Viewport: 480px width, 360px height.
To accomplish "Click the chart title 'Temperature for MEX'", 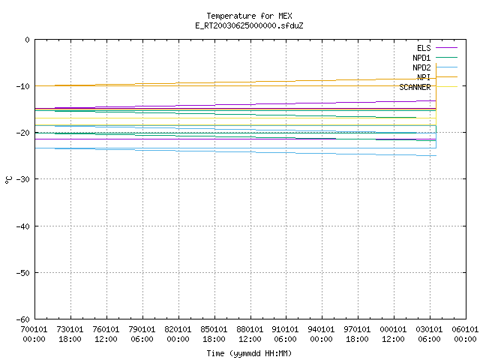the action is pyautogui.click(x=249, y=16).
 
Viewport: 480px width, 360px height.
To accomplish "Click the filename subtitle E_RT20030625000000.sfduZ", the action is pyautogui.click(x=249, y=25).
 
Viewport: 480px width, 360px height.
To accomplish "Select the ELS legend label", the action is pyautogui.click(x=424, y=48).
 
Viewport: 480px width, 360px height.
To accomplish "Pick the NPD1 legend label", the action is pyautogui.click(x=421, y=58).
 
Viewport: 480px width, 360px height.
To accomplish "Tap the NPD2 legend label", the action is pyautogui.click(x=421, y=67).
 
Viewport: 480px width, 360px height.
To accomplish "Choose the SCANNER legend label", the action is pyautogui.click(x=415, y=87).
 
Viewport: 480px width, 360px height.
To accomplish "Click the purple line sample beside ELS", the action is pyautogui.click(x=447, y=48).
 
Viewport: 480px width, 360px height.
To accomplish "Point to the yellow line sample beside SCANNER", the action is pyautogui.click(x=447, y=87).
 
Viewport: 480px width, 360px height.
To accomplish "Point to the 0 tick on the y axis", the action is pyautogui.click(x=28, y=40).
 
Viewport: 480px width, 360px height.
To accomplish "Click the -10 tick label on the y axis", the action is pyautogui.click(x=23, y=86).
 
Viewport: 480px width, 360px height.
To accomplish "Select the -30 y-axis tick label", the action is pyautogui.click(x=23, y=179).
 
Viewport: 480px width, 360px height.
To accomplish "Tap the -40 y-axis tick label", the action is pyautogui.click(x=23, y=226).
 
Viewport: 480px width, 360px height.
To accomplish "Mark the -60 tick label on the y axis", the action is pyautogui.click(x=23, y=319).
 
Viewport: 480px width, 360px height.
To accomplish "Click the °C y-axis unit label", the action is pyautogui.click(x=8, y=180).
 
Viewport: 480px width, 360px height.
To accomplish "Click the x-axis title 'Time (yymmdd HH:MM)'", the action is pyautogui.click(x=249, y=353).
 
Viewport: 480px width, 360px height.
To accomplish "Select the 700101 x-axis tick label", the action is pyautogui.click(x=34, y=329).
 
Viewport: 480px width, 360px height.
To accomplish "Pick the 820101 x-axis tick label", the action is pyautogui.click(x=178, y=329).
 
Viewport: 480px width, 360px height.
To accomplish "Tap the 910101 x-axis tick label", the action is pyautogui.click(x=285, y=329).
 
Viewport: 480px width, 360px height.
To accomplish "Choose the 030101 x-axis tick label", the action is pyautogui.click(x=429, y=329).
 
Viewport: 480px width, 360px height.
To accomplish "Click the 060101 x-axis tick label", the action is pyautogui.click(x=465, y=329).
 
